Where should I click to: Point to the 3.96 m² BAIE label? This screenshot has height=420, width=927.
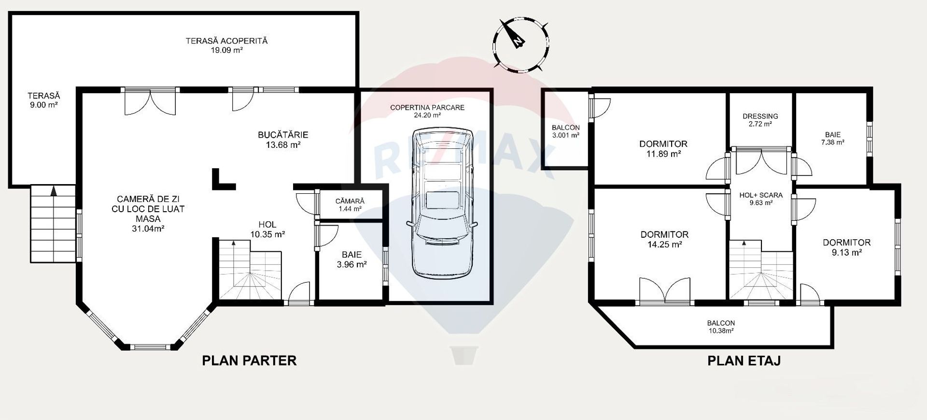click(351, 260)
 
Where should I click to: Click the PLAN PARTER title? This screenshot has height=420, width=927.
click(249, 361)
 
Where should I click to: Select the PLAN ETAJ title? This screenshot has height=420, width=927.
click(744, 361)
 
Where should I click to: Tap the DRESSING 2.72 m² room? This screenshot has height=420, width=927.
click(760, 120)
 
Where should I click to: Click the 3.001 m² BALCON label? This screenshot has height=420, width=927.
click(565, 131)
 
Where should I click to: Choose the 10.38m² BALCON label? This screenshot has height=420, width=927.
click(720, 327)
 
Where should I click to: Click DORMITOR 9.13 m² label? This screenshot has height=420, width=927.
click(846, 247)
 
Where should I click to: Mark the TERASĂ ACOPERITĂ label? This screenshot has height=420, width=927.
click(226, 45)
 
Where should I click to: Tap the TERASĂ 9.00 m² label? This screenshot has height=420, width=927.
click(43, 100)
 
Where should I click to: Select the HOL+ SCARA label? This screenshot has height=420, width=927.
click(761, 199)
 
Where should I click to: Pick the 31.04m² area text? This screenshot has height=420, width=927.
click(148, 229)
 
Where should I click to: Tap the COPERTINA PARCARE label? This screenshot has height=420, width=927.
click(427, 111)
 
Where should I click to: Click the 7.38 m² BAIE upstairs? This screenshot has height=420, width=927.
click(833, 139)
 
